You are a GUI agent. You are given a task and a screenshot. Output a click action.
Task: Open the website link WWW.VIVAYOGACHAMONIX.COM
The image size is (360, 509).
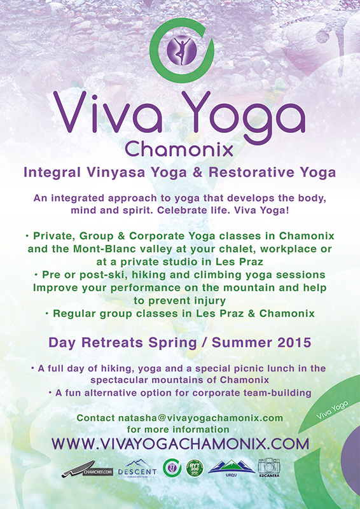pyautogui.click(x=180, y=444)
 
